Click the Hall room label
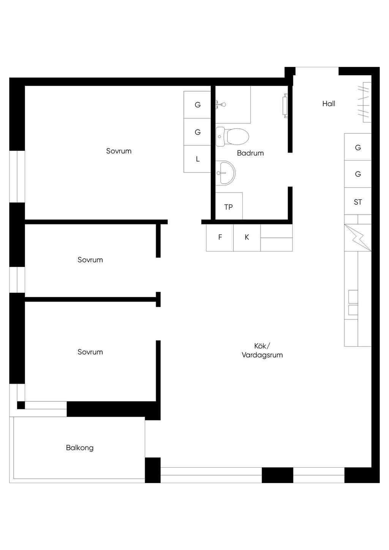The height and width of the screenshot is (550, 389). pyautogui.click(x=329, y=104)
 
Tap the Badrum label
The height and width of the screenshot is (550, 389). pyautogui.click(x=250, y=153)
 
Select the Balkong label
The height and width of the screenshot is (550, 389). pyautogui.click(x=79, y=447)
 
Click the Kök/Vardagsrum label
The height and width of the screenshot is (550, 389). pyautogui.click(x=262, y=350)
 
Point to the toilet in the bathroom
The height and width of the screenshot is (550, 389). pyautogui.click(x=232, y=136)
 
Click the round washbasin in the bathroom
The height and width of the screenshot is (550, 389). pyautogui.click(x=225, y=173)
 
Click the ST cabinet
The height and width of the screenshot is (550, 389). pyautogui.click(x=357, y=201)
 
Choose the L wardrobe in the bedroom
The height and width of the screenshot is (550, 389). pyautogui.click(x=198, y=159)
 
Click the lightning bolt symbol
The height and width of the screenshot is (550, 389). pyautogui.click(x=358, y=238)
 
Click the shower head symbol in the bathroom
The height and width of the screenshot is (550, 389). pyautogui.click(x=221, y=104)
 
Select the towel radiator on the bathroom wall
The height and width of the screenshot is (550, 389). pyautogui.click(x=285, y=106)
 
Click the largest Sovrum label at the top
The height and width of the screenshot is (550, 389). pyautogui.click(x=119, y=151)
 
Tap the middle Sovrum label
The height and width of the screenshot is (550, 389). pyautogui.click(x=90, y=259)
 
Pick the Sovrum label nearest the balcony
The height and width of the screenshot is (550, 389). pyautogui.click(x=90, y=352)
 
